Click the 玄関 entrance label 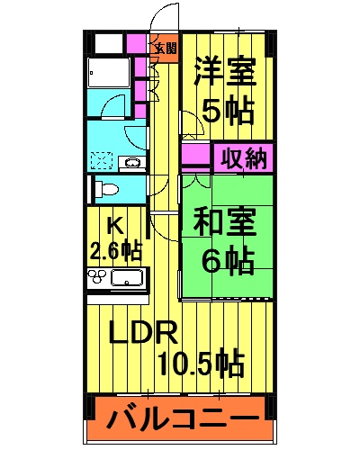164,48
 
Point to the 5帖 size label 227,112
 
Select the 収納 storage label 242,158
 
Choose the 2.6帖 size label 115,247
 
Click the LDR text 141,333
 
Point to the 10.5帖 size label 200,364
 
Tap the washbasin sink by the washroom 131,163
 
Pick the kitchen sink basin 129,278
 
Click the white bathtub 108,73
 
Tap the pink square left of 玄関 138,43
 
